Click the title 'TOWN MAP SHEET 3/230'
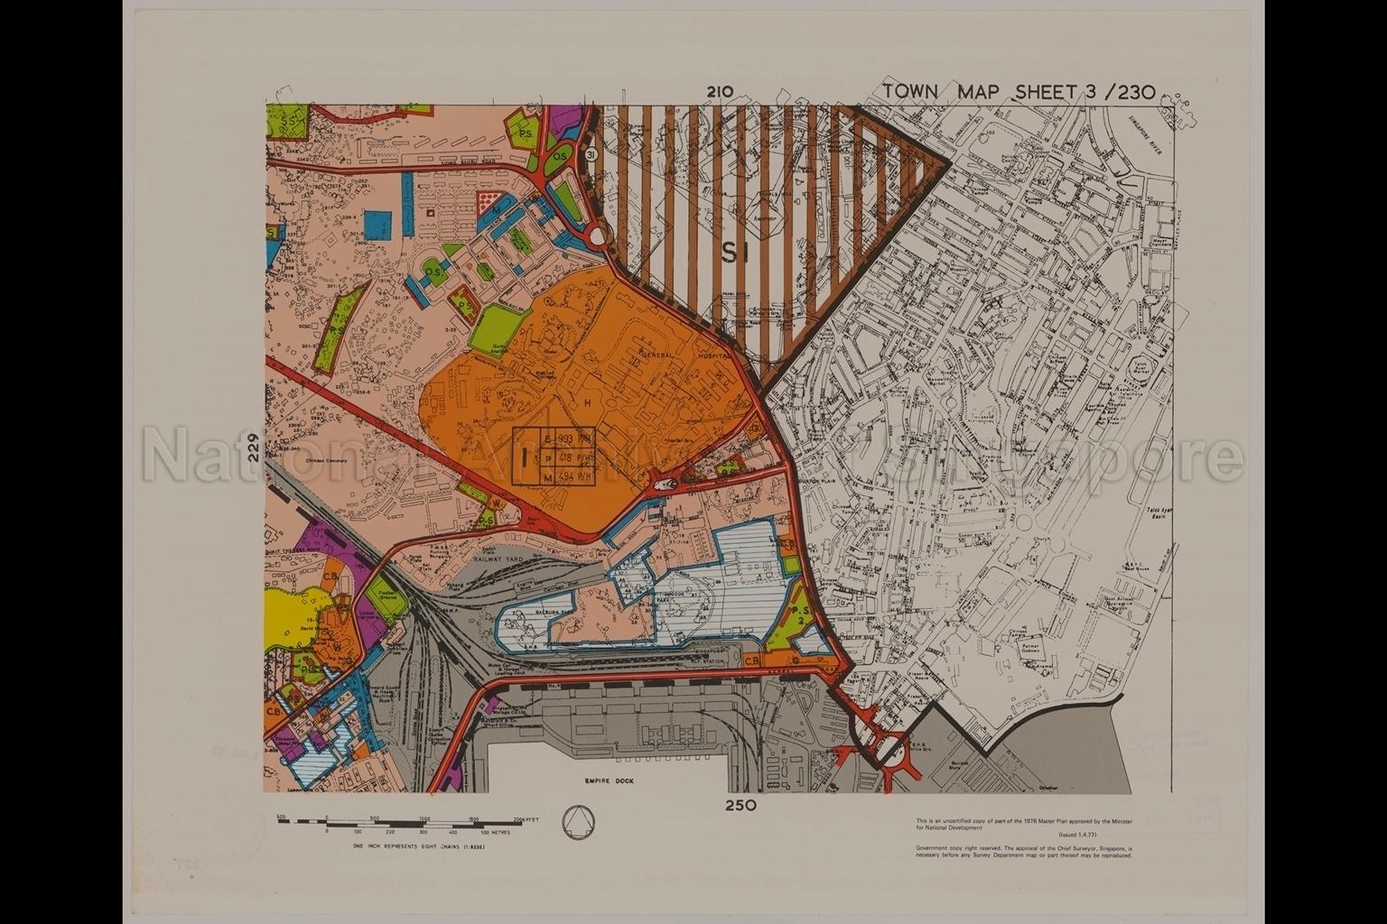1019,91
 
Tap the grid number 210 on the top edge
720,91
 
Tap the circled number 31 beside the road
591,155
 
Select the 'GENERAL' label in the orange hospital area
660,356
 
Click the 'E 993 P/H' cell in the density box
567,438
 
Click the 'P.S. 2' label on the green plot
799,615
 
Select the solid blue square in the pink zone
378,224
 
